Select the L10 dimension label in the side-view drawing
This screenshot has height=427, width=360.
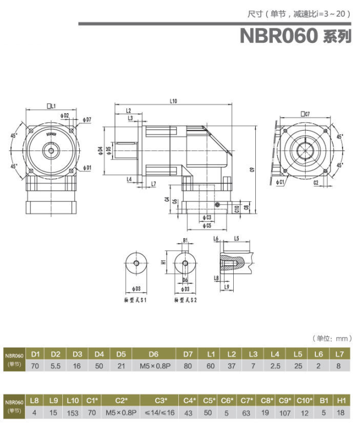coord(173,102)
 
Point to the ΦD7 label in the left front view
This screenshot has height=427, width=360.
coord(87,119)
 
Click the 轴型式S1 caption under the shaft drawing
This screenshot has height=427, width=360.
coord(135,300)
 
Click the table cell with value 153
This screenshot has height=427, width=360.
coord(73,412)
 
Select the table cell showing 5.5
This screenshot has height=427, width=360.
coord(55,366)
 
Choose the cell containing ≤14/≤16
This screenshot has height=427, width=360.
coord(161,412)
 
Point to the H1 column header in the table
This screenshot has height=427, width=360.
coord(341,400)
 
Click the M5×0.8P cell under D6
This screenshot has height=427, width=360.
coord(155,366)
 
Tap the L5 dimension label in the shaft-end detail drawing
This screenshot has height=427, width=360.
coord(237,238)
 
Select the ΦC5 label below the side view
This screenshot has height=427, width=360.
coord(207,225)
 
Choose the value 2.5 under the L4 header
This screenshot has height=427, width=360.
coord(275,366)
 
